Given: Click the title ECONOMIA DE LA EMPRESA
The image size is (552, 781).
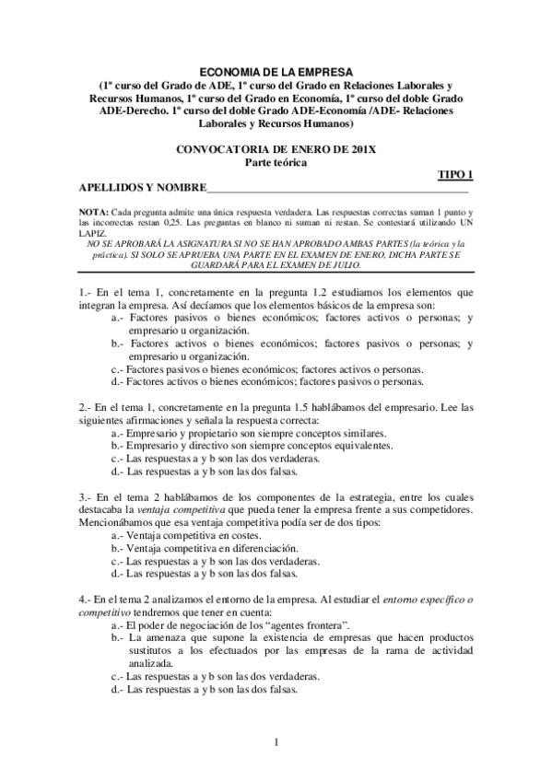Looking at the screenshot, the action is point(276,69).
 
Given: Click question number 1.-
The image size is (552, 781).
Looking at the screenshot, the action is point(86,292).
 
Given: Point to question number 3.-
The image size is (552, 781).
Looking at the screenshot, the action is point(86,497).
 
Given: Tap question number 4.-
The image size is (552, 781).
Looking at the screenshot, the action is point(86,600).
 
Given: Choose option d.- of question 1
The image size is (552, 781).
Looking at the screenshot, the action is point(117,379).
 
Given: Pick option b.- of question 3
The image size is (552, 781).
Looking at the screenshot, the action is point(117,547).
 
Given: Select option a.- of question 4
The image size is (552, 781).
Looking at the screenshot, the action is point(117,624).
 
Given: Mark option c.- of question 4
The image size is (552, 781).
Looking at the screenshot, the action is point(117,676).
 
